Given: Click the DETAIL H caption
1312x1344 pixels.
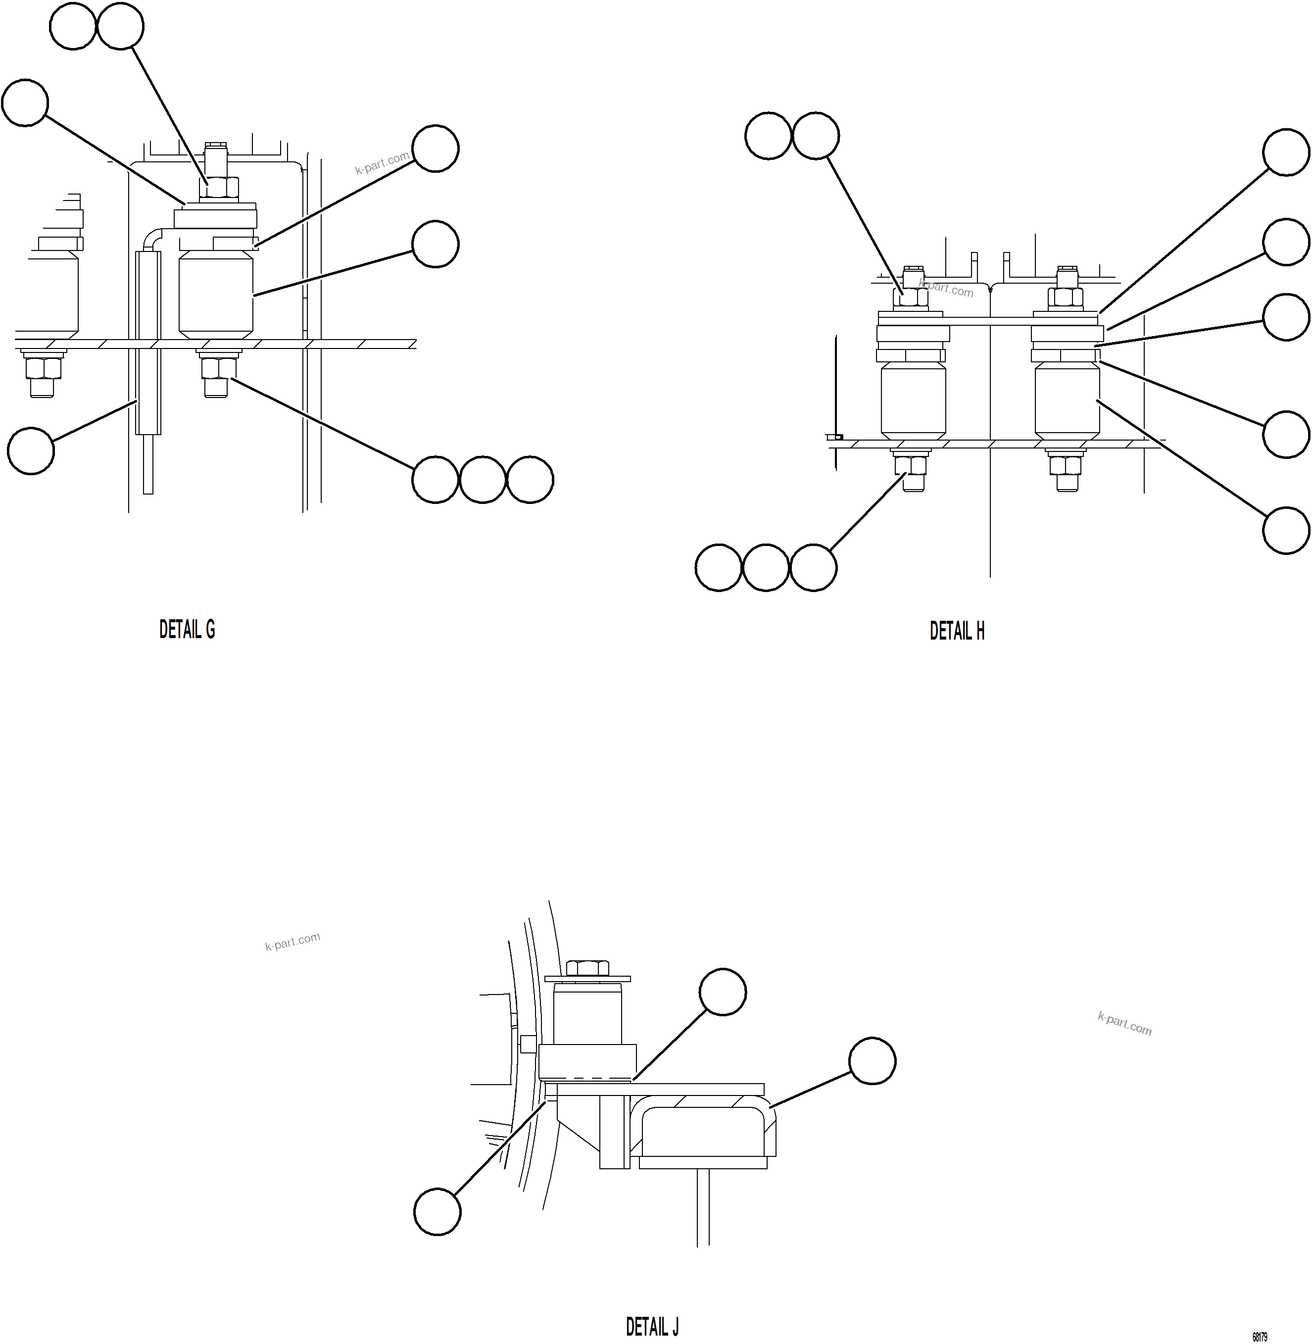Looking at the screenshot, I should pyautogui.click(x=957, y=631).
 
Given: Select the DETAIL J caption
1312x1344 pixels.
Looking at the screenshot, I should pyautogui.click(x=652, y=1327).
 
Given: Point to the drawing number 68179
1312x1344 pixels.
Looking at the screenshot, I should pyautogui.click(x=1259, y=1337).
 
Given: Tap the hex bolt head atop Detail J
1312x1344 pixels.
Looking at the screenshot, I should pyautogui.click(x=587, y=968).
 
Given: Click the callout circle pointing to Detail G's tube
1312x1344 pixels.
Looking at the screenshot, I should pyautogui.click(x=31, y=451).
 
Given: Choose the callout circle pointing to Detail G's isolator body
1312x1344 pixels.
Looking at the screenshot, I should pyautogui.click(x=435, y=244).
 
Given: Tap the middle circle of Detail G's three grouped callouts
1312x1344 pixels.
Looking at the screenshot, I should pyautogui.click(x=483, y=479).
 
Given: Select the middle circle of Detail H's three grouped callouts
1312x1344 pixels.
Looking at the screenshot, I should pyautogui.click(x=766, y=567).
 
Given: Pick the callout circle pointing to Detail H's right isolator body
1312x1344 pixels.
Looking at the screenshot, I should pyautogui.click(x=1286, y=531).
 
